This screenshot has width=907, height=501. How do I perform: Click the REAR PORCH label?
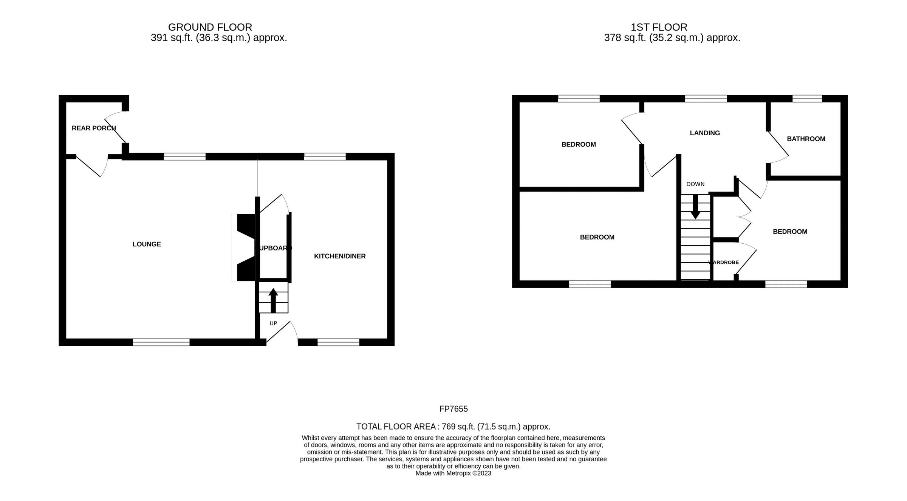(x=94, y=128)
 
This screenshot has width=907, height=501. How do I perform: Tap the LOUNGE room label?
(x=147, y=244)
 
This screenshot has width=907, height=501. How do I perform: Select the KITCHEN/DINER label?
(x=340, y=256)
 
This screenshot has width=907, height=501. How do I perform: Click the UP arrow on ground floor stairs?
(x=273, y=300)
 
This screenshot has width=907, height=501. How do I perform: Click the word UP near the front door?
(x=273, y=323)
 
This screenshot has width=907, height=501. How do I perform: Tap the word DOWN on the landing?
(x=695, y=184)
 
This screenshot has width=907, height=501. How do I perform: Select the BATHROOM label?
(x=806, y=139)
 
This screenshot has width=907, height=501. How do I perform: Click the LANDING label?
(x=705, y=133)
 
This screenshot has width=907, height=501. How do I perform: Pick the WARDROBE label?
(x=724, y=262)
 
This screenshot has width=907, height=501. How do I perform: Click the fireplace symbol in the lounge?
(x=244, y=247)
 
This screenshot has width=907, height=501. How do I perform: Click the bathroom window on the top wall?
(x=807, y=99)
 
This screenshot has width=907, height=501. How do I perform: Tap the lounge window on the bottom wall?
(x=161, y=342)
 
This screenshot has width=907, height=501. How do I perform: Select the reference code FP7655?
(x=453, y=409)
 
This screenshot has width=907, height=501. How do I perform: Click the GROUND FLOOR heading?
(x=210, y=27)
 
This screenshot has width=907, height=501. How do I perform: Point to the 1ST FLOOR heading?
(x=659, y=27)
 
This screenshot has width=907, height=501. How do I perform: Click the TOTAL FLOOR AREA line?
(x=453, y=427)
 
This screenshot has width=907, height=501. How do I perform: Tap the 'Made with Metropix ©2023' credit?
(x=453, y=473)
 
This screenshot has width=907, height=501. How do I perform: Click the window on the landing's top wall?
(x=706, y=99)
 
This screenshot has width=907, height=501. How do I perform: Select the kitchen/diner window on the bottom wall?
(x=338, y=342)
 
